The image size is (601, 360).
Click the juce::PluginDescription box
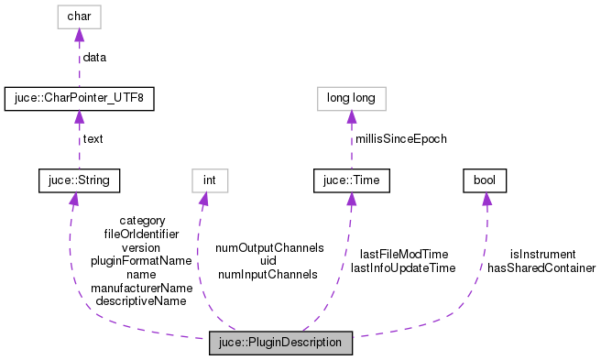(280, 343)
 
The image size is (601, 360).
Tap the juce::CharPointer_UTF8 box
(79, 98)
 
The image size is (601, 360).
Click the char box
(79, 16)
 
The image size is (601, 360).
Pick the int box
(208, 180)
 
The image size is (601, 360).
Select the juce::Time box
(352, 180)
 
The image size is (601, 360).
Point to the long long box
(352, 98)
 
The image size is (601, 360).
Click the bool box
(486, 180)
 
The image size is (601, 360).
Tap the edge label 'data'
(94, 57)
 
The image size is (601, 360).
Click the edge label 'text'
(93, 139)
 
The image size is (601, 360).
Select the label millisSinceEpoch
(401, 139)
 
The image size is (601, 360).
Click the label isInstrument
(542, 255)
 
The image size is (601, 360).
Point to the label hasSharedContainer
(542, 268)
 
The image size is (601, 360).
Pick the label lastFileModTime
(403, 254)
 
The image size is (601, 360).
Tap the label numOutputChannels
(269, 247)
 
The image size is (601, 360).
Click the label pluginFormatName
(141, 260)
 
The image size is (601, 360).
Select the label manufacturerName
(141, 288)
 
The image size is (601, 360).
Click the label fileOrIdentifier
(141, 234)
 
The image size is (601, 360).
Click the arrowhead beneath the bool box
(486, 199)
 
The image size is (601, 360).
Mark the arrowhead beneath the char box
(79, 36)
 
